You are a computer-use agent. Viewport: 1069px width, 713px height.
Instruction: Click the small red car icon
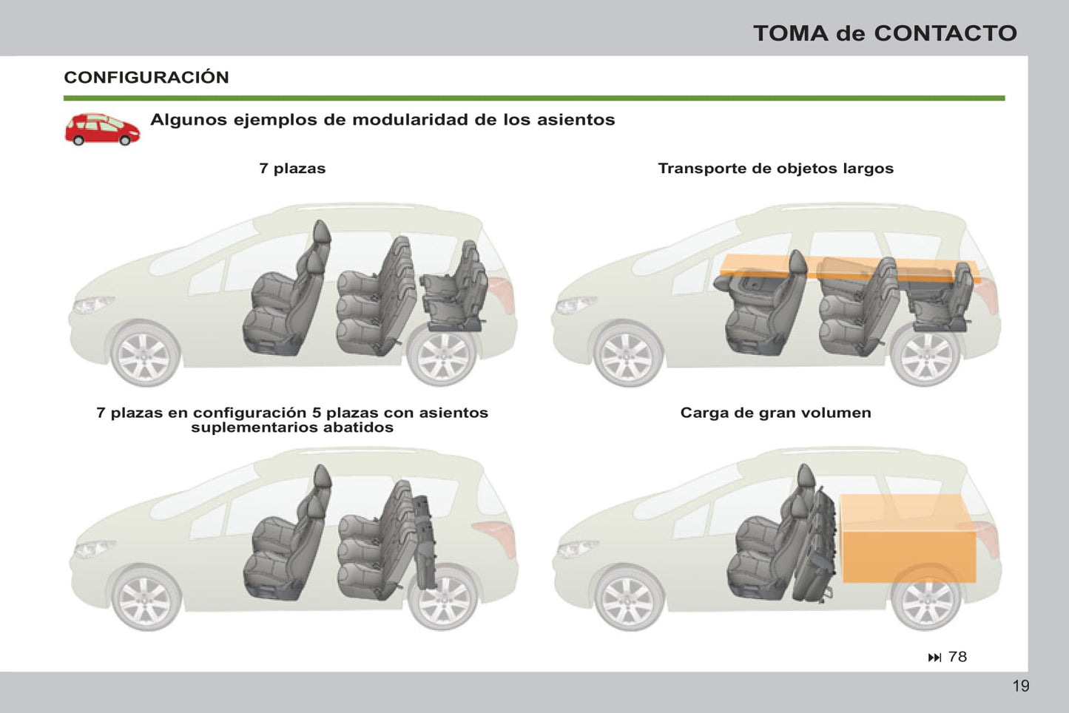pyautogui.click(x=103, y=129)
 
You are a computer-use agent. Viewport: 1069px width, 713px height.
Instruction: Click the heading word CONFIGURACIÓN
pyautogui.click(x=146, y=78)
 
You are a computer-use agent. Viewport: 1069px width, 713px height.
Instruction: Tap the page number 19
pyautogui.click(x=1021, y=686)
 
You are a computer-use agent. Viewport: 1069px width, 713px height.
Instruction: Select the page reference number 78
pyautogui.click(x=957, y=657)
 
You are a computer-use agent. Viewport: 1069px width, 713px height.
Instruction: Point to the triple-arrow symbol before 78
pyautogui.click(x=934, y=658)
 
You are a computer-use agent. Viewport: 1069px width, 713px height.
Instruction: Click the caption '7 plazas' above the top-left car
pyautogui.click(x=292, y=169)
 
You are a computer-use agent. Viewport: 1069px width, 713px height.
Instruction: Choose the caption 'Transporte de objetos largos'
pyautogui.click(x=775, y=169)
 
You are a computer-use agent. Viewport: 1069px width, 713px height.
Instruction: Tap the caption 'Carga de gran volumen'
pyautogui.click(x=775, y=412)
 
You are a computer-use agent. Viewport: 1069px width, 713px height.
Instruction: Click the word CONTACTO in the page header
pyautogui.click(x=945, y=33)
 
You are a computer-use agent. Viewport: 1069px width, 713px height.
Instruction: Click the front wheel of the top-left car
pyautogui.click(x=144, y=355)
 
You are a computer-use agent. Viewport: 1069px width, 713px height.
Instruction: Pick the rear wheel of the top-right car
pyautogui.click(x=925, y=355)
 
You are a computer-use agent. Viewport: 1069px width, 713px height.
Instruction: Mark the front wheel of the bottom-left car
pyautogui.click(x=146, y=598)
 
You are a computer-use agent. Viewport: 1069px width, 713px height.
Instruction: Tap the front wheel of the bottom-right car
pyautogui.click(x=629, y=598)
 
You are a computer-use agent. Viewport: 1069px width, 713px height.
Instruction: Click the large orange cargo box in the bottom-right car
pyautogui.click(x=908, y=538)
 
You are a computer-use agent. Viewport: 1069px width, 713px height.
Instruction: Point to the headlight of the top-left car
pyautogui.click(x=93, y=304)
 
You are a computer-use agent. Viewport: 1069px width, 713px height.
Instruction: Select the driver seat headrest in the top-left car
pyautogui.click(x=322, y=232)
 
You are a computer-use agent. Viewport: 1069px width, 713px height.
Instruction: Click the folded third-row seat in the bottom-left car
pyautogui.click(x=424, y=542)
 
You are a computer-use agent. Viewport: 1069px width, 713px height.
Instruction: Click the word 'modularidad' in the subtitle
pyautogui.click(x=410, y=119)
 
